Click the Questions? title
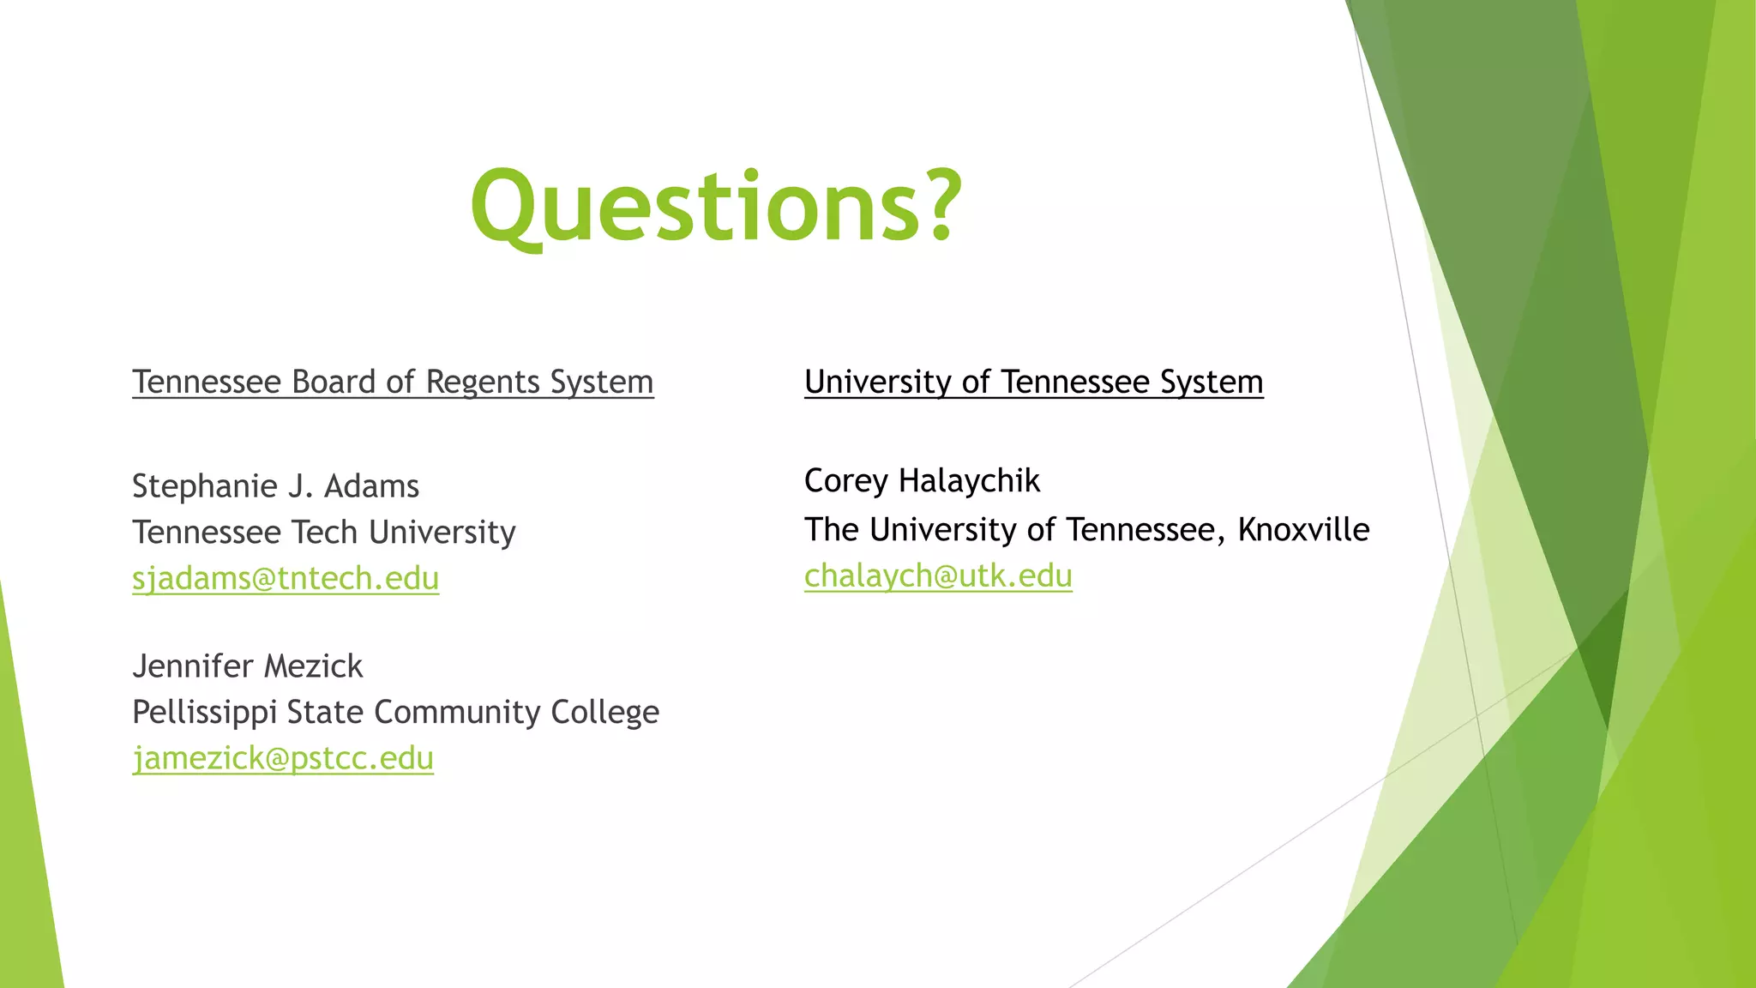click(x=716, y=206)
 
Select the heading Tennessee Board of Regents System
click(x=393, y=382)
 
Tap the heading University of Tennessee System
click(x=1033, y=382)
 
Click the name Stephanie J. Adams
click(x=275, y=486)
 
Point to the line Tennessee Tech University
click(x=323, y=533)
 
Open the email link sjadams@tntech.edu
click(x=286, y=579)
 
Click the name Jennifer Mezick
click(x=248, y=666)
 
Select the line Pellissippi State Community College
click(x=395, y=712)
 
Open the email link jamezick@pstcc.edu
click(x=283, y=758)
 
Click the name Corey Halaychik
click(x=922, y=481)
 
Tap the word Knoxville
click(x=1303, y=530)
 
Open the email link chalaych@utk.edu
click(x=938, y=575)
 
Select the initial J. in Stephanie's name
click(x=300, y=486)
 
